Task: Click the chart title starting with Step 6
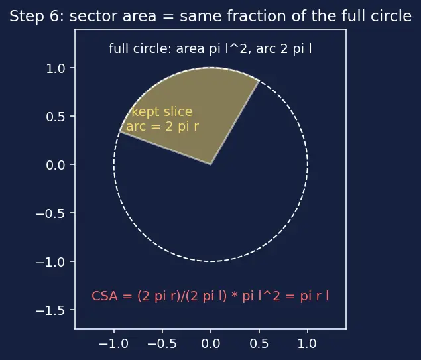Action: (211, 16)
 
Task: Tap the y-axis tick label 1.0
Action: (56, 69)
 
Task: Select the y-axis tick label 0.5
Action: (56, 117)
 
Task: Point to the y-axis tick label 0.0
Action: (56, 165)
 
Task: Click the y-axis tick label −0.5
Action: (50, 213)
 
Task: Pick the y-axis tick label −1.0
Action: (50, 262)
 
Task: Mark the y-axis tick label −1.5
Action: (50, 310)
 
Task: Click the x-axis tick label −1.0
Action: (114, 344)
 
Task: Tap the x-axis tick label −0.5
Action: (162, 344)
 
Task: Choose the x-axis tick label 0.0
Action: (211, 344)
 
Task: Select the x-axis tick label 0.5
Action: (259, 344)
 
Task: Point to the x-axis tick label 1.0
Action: (308, 344)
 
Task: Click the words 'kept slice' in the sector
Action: (162, 112)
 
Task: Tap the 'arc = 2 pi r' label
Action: (162, 126)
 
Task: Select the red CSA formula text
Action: (210, 296)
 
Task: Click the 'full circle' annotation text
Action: (210, 49)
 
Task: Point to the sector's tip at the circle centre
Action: (211, 164)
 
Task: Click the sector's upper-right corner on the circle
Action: (259, 80)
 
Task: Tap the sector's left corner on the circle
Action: (120, 131)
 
